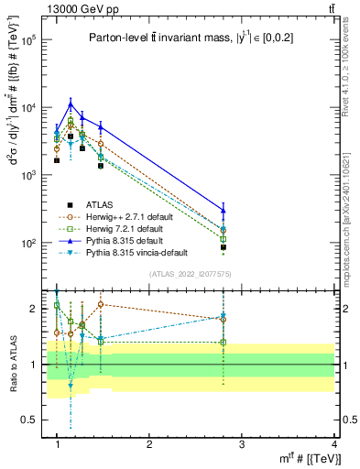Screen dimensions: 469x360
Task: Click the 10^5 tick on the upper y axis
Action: (27, 40)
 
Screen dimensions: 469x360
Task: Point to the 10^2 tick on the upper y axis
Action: (27, 244)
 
